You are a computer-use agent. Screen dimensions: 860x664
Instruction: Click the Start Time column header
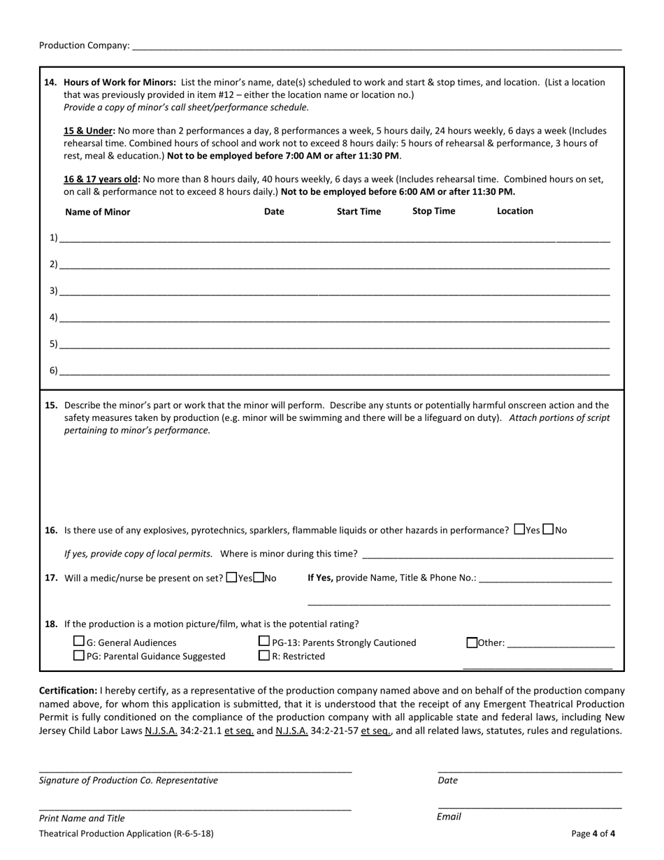coord(359,211)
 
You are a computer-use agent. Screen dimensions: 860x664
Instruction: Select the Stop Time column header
coord(433,211)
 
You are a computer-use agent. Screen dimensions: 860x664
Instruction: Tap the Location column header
coord(514,211)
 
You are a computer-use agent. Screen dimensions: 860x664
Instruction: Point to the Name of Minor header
coord(97,212)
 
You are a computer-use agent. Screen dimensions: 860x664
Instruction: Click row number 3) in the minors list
coord(54,291)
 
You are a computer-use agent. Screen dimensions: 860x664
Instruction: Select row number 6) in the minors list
coord(54,371)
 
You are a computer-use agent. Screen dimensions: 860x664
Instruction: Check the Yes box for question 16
coord(519,529)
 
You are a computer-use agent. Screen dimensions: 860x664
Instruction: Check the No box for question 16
coord(549,529)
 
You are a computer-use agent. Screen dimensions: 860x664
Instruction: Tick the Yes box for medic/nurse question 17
coord(232,578)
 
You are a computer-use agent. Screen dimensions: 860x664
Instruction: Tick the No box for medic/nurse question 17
coord(259,578)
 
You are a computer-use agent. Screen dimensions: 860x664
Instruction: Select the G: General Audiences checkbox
coord(79,641)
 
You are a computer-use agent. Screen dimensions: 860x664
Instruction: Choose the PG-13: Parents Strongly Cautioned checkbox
coord(264,641)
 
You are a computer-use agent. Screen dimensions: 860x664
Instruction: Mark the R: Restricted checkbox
coord(264,655)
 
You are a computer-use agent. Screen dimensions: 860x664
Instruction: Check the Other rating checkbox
coord(472,642)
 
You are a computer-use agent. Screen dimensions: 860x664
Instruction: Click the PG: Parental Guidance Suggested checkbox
coord(79,655)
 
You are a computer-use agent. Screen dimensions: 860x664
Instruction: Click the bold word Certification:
coord(68,690)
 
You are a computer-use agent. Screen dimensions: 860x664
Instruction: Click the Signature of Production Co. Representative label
coord(129,780)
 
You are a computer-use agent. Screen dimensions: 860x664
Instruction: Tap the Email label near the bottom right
coord(449,817)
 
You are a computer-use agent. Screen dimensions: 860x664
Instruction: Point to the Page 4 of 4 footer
coord(593,833)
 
